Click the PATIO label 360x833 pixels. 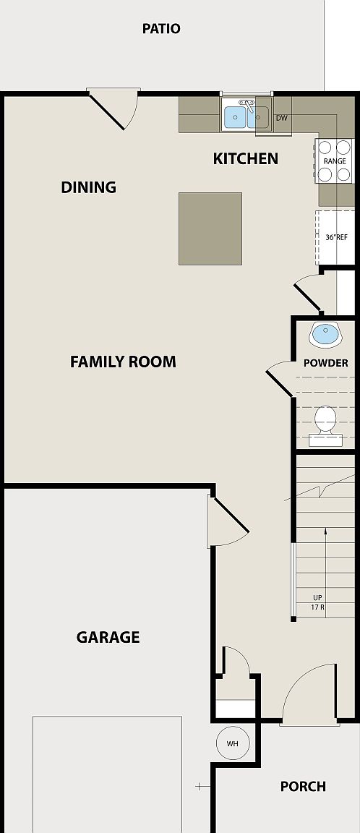pyautogui.click(x=161, y=29)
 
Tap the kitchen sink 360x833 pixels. pyautogui.click(x=246, y=116)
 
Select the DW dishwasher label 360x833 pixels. pyautogui.click(x=281, y=117)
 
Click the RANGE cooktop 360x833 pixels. pyautogui.click(x=334, y=161)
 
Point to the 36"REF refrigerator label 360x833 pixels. pyautogui.click(x=336, y=236)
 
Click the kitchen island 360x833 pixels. pyautogui.click(x=210, y=228)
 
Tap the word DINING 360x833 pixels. pyautogui.click(x=88, y=187)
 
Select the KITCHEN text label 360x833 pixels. pyautogui.click(x=245, y=158)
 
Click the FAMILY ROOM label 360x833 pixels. pyautogui.click(x=123, y=362)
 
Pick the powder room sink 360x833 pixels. pyautogui.click(x=324, y=334)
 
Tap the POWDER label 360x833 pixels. pyautogui.click(x=325, y=363)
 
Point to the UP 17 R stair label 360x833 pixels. pyautogui.click(x=317, y=602)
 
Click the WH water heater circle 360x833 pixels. pyautogui.click(x=232, y=743)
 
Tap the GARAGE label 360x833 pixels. pyautogui.click(x=108, y=637)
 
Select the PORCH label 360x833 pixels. pyautogui.click(x=303, y=786)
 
